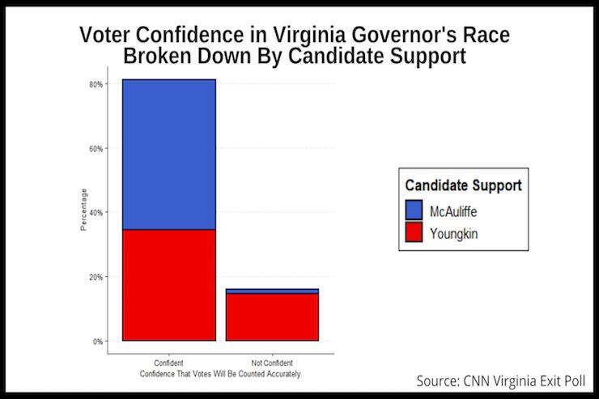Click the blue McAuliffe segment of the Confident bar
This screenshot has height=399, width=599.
tap(169, 154)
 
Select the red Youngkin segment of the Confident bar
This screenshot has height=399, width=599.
tap(169, 285)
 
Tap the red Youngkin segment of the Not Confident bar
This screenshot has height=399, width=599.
tap(272, 316)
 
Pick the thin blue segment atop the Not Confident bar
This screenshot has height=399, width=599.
tap(272, 291)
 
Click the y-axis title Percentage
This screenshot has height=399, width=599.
tap(83, 210)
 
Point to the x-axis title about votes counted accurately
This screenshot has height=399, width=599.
tap(220, 373)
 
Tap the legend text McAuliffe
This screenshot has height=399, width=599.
tap(457, 210)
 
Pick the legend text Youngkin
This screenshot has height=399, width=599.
tap(455, 235)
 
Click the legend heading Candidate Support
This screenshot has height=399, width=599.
tap(463, 185)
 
